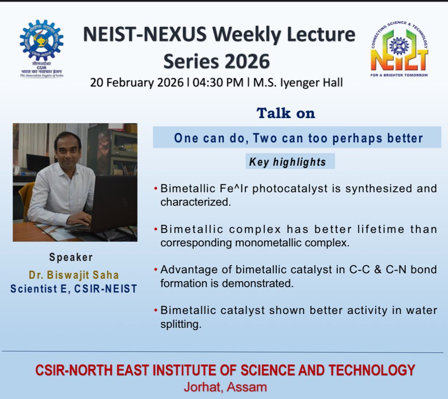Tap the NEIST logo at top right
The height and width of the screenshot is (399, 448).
point(399,49)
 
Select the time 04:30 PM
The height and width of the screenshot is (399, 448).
point(218,83)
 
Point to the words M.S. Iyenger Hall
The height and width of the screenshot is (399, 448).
point(298,83)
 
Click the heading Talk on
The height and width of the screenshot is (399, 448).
point(286,113)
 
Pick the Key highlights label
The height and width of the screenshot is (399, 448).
point(287,162)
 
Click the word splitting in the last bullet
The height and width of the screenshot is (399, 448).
point(181,324)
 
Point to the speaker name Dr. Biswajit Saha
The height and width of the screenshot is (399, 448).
point(74,275)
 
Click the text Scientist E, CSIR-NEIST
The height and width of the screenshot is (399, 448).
point(74,289)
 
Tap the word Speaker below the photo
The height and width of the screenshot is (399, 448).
point(71,257)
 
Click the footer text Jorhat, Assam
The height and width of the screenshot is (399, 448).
point(225,387)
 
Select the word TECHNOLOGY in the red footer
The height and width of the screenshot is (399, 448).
point(372,370)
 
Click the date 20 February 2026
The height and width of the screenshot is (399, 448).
point(137,83)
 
